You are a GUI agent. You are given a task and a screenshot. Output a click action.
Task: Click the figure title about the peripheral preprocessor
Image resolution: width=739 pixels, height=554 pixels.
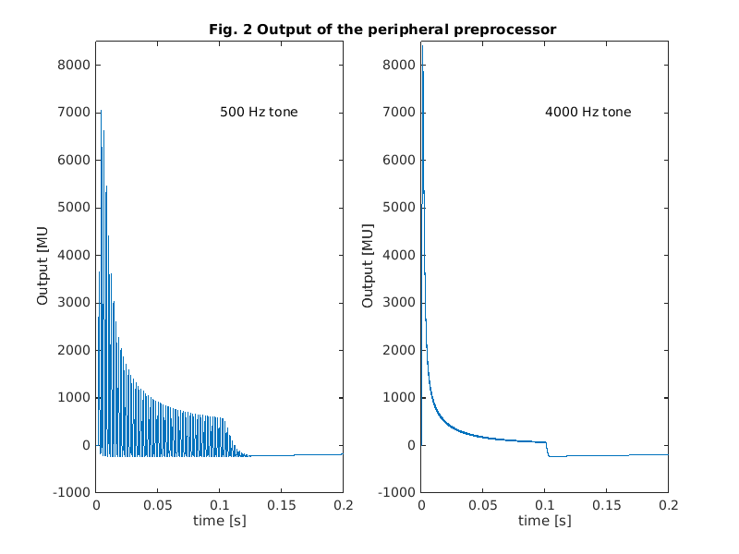[382, 30]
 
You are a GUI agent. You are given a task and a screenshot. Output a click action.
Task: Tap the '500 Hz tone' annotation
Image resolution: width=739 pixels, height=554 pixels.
[259, 113]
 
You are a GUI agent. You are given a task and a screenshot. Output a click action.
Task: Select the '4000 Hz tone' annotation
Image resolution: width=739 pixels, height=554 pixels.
[588, 113]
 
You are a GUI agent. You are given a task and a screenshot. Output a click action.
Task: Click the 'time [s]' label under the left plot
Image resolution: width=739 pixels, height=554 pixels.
[219, 521]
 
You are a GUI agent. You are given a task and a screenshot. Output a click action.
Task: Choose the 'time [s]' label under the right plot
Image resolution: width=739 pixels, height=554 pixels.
[544, 521]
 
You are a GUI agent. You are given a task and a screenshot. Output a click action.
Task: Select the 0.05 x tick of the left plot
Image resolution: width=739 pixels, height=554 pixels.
[158, 506]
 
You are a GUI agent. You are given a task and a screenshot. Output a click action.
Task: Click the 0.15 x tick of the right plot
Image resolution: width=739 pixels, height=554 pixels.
[607, 506]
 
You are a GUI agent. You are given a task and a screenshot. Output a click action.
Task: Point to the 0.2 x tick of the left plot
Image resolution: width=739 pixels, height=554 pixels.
[343, 506]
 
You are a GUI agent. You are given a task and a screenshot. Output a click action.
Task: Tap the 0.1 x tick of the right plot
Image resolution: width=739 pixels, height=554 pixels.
[545, 506]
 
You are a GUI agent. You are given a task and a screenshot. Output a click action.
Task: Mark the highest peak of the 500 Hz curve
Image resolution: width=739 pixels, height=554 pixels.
[100, 112]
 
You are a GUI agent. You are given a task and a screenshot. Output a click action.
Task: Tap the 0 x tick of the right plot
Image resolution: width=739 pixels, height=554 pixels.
[421, 506]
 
